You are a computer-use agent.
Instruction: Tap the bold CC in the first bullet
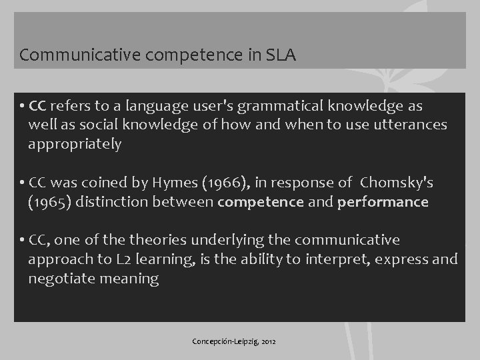[x=37, y=107]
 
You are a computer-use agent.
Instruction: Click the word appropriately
[x=75, y=145]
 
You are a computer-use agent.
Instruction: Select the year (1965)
[x=51, y=202]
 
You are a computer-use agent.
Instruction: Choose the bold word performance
[x=383, y=202]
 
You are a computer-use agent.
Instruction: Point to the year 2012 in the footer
[x=269, y=342]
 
